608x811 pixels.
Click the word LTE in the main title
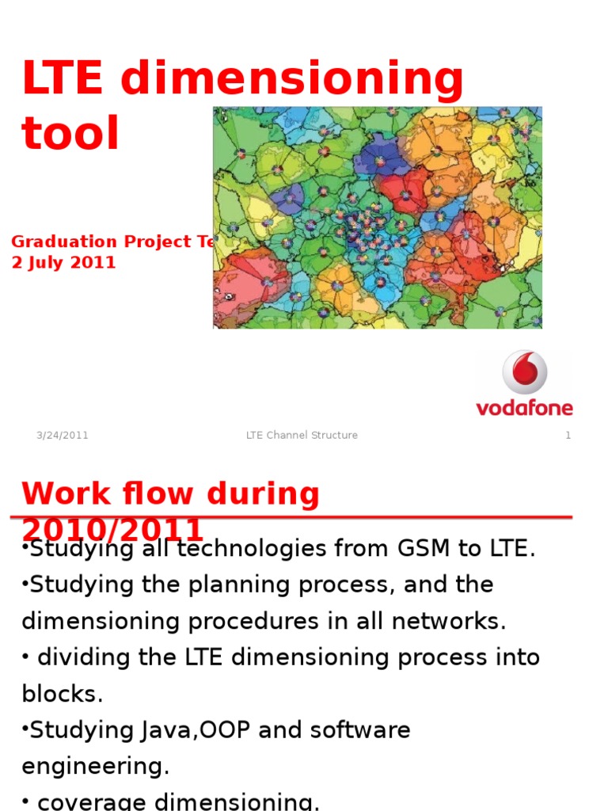point(62,79)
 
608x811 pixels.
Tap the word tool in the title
point(70,134)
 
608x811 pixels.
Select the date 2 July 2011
point(63,263)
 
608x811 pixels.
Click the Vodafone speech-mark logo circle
point(525,372)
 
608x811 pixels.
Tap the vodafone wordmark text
point(524,408)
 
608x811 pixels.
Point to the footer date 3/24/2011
point(62,436)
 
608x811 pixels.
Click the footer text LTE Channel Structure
point(302,436)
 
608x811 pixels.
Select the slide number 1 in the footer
point(568,436)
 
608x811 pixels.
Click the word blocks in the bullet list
point(62,695)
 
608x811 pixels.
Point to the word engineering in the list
point(95,767)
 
